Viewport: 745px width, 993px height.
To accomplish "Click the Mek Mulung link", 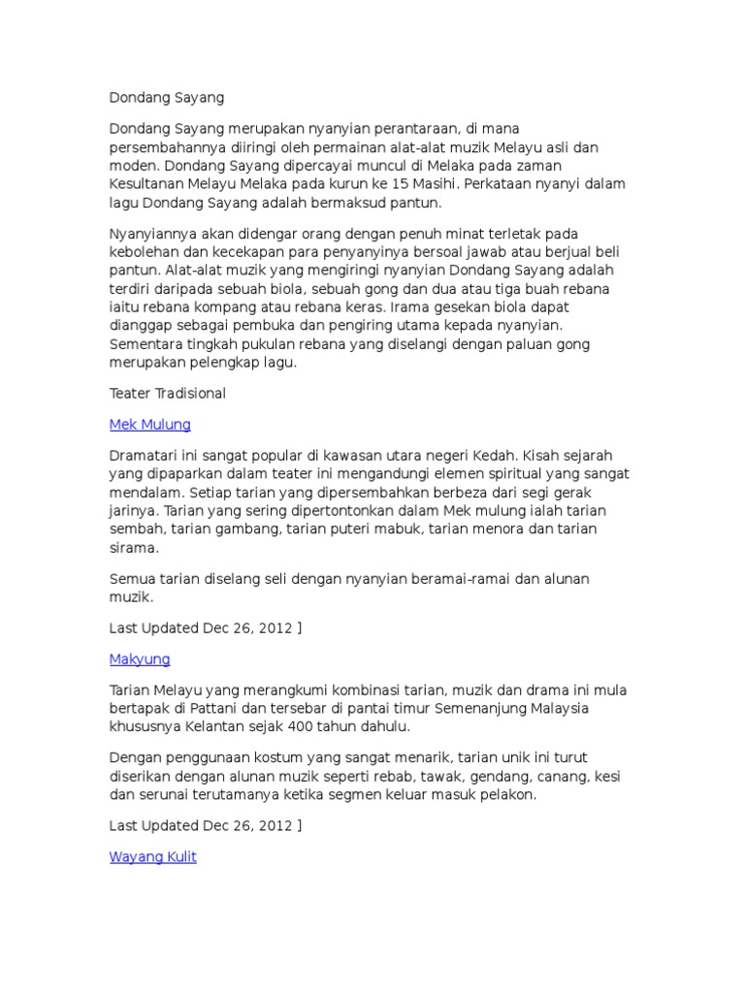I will tap(150, 425).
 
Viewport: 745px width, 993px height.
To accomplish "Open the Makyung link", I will tap(140, 659).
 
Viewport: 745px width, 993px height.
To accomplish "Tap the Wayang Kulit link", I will tap(153, 857).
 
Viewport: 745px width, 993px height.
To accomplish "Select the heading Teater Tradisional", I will tap(168, 394).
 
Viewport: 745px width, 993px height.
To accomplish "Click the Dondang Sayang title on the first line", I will tap(167, 98).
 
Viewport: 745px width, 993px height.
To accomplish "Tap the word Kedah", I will tap(590, 455).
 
